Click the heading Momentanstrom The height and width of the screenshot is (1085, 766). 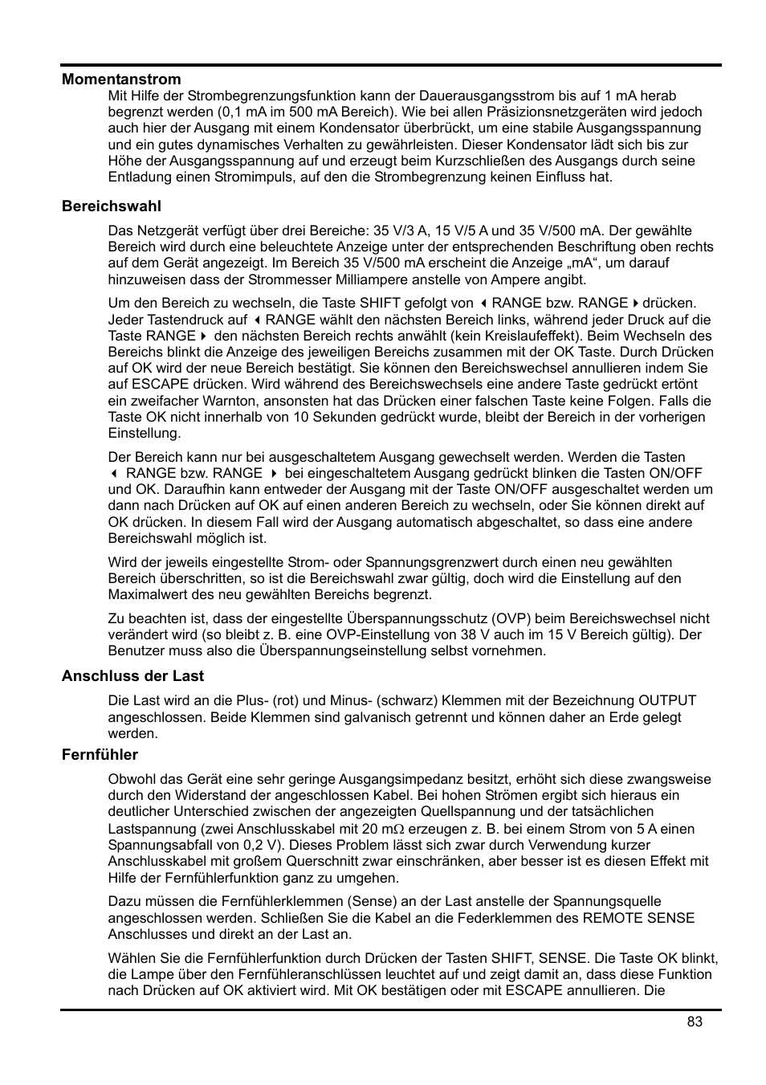tap(121, 79)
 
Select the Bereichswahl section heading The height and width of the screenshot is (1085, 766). tap(112, 206)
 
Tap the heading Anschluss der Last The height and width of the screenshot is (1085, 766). tap(132, 675)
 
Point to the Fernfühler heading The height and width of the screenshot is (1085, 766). tap(100, 754)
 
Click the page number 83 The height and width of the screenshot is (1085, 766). tap(695, 1021)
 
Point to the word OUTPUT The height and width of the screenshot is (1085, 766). tap(666, 700)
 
